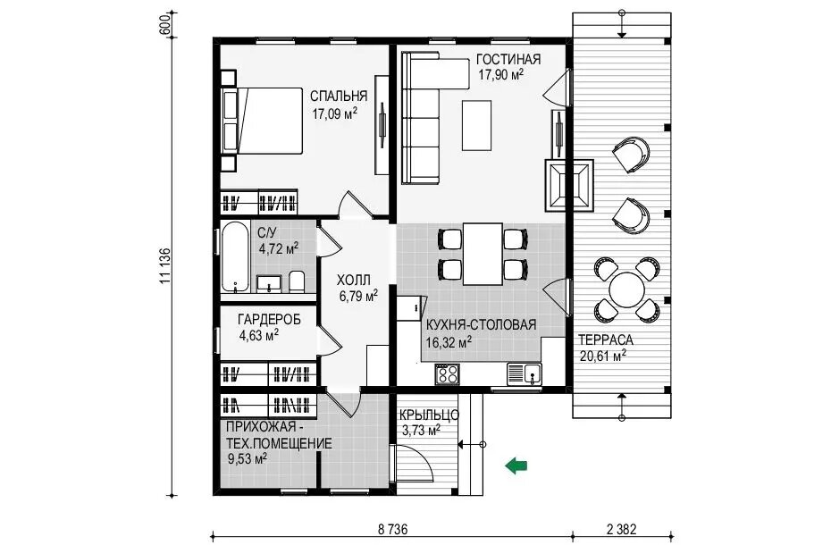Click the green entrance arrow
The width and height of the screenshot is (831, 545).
point(516,465)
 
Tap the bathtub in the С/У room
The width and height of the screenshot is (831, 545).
point(235,256)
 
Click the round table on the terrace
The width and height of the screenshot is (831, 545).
point(626,289)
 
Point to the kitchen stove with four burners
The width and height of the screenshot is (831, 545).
point(448,373)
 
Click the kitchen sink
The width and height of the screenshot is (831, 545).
point(525,373)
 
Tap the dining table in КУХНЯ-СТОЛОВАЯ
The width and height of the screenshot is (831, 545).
point(483,254)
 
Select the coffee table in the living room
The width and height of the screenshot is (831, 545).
point(477,125)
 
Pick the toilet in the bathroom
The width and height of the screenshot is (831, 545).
point(297,281)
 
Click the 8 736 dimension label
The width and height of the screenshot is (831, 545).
point(392,529)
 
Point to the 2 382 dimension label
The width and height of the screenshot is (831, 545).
point(621,529)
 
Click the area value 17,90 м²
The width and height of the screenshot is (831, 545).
point(500,74)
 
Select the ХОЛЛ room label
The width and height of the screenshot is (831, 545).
point(354,280)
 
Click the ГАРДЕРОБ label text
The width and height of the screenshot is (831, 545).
point(269,319)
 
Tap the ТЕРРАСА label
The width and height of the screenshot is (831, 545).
point(605,340)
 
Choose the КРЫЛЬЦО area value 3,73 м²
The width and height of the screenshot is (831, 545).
point(422,431)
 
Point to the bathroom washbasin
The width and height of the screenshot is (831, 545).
point(270,283)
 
